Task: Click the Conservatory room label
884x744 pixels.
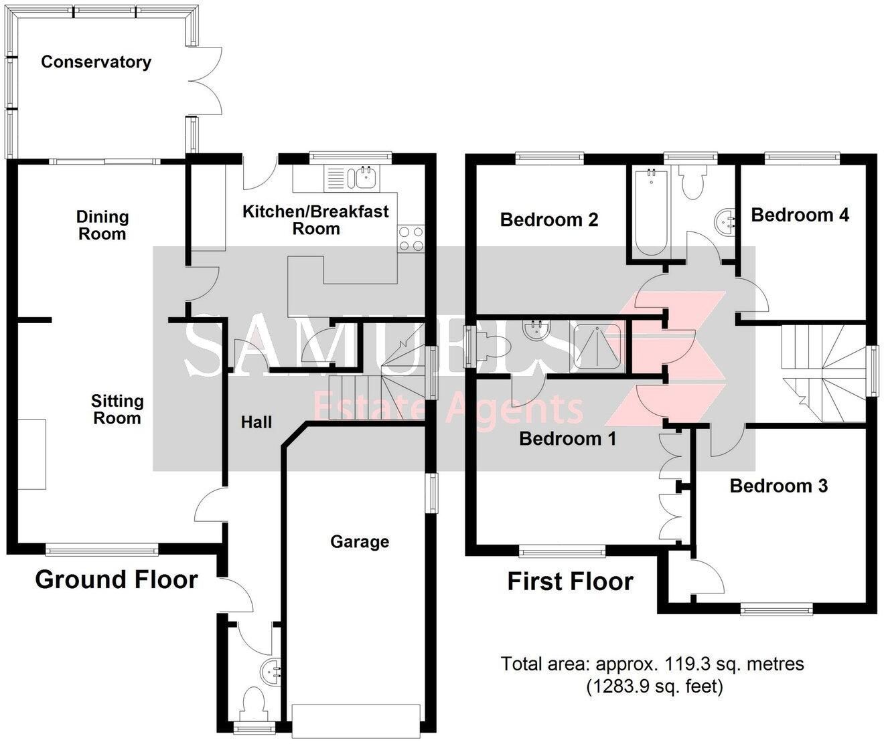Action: (x=96, y=62)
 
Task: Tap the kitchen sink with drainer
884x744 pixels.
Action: (x=352, y=178)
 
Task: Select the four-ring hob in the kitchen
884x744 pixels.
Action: (x=411, y=239)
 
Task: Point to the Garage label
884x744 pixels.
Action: (x=360, y=542)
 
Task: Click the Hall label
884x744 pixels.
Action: (x=256, y=422)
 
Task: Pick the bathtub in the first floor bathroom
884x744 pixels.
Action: (x=651, y=211)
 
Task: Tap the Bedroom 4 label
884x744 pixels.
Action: (x=800, y=215)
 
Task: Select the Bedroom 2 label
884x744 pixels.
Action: (x=549, y=220)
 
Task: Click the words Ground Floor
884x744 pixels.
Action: (x=117, y=579)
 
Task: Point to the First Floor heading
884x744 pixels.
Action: (x=571, y=581)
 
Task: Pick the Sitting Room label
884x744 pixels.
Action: (x=117, y=409)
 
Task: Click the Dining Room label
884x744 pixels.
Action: (x=102, y=225)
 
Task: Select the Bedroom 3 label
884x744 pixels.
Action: (x=779, y=486)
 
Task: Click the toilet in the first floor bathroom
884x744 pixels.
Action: (x=692, y=181)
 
